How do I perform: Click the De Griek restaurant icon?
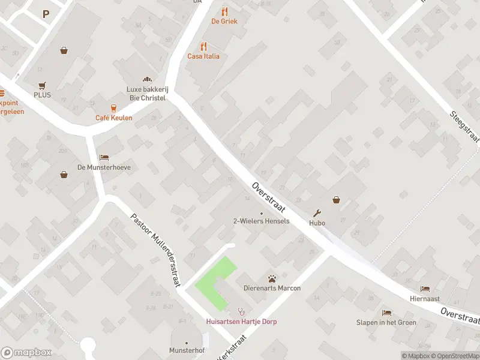tap(224, 11)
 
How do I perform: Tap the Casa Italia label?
tap(203, 56)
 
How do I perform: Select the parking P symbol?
tap(46, 14)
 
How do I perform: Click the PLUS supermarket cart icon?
tap(42, 86)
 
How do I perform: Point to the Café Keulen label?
tap(113, 118)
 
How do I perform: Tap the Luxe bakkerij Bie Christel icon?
tap(146, 79)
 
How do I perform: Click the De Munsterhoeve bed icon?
tap(104, 157)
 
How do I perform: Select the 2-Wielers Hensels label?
tap(261, 221)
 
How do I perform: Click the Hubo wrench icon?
tap(317, 213)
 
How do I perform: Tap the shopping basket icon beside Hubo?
tap(336, 200)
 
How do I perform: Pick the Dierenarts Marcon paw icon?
tap(272, 278)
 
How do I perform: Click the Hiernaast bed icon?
tap(425, 289)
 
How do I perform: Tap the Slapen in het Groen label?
tap(386, 322)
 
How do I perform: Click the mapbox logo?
tap(26, 352)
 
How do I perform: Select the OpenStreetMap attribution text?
tap(455, 356)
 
